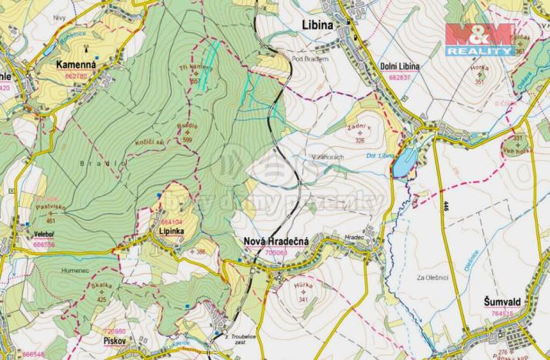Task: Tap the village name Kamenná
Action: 76,66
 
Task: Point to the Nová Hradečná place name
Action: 275,241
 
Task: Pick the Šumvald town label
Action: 508,302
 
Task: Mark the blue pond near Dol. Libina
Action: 405,162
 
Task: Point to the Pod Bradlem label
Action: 310,60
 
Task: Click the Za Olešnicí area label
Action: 430,277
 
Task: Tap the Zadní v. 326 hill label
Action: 358,131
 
